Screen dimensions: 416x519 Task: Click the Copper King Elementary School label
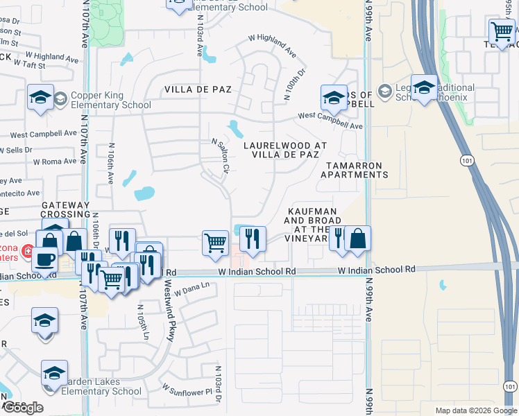pyautogui.click(x=105, y=101)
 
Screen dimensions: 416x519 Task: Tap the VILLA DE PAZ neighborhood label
pyautogui.click(x=198, y=90)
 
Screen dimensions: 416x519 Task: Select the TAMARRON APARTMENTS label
pyautogui.click(x=354, y=170)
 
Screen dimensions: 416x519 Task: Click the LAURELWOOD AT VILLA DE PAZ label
pyautogui.click(x=284, y=150)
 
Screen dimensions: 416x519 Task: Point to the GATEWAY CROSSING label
pyautogui.click(x=66, y=210)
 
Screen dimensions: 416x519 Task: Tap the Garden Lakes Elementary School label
pyautogui.click(x=101, y=386)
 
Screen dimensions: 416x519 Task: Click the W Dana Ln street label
pyautogui.click(x=191, y=292)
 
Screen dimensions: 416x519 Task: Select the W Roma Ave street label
pyautogui.click(x=54, y=162)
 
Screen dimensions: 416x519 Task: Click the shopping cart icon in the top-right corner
pyautogui.click(x=501, y=31)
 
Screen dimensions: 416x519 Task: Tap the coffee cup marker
pyautogui.click(x=46, y=260)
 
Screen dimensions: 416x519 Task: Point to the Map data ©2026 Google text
pyautogui.click(x=476, y=410)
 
